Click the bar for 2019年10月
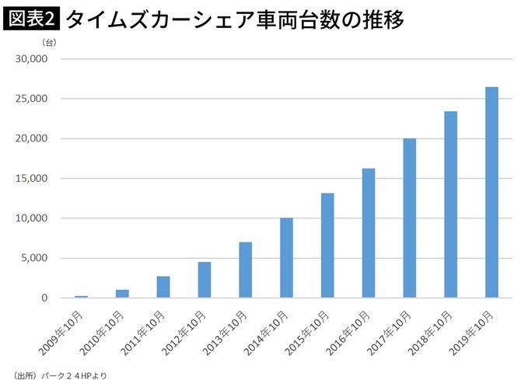(x=491, y=192)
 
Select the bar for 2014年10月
(x=286, y=257)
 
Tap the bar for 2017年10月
(x=409, y=218)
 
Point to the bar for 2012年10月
(x=204, y=280)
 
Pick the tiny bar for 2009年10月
(x=81, y=296)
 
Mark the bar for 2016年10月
(x=368, y=233)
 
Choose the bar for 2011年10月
(x=163, y=287)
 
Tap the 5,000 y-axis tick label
(x=34, y=258)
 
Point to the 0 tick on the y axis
(x=44, y=298)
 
